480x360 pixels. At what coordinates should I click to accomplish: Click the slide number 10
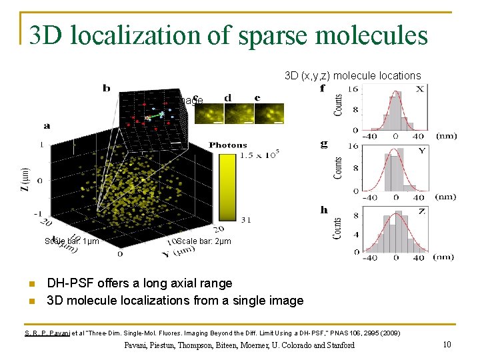[x=447, y=345]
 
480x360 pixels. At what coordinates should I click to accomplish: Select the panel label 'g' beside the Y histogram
[x=323, y=143]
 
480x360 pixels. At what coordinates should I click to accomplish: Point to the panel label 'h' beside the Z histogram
[x=324, y=209]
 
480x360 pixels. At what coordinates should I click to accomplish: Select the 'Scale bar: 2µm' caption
[x=203, y=241]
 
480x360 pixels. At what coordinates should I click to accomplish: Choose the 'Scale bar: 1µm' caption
[x=71, y=241]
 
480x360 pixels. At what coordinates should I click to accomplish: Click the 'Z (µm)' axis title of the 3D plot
[x=27, y=178]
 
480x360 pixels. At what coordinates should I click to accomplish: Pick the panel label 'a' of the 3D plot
[x=47, y=125]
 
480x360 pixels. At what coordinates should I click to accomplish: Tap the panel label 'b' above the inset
[x=107, y=87]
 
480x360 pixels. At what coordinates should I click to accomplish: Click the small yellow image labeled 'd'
[x=239, y=113]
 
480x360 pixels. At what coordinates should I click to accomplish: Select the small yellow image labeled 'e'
[x=269, y=113]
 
